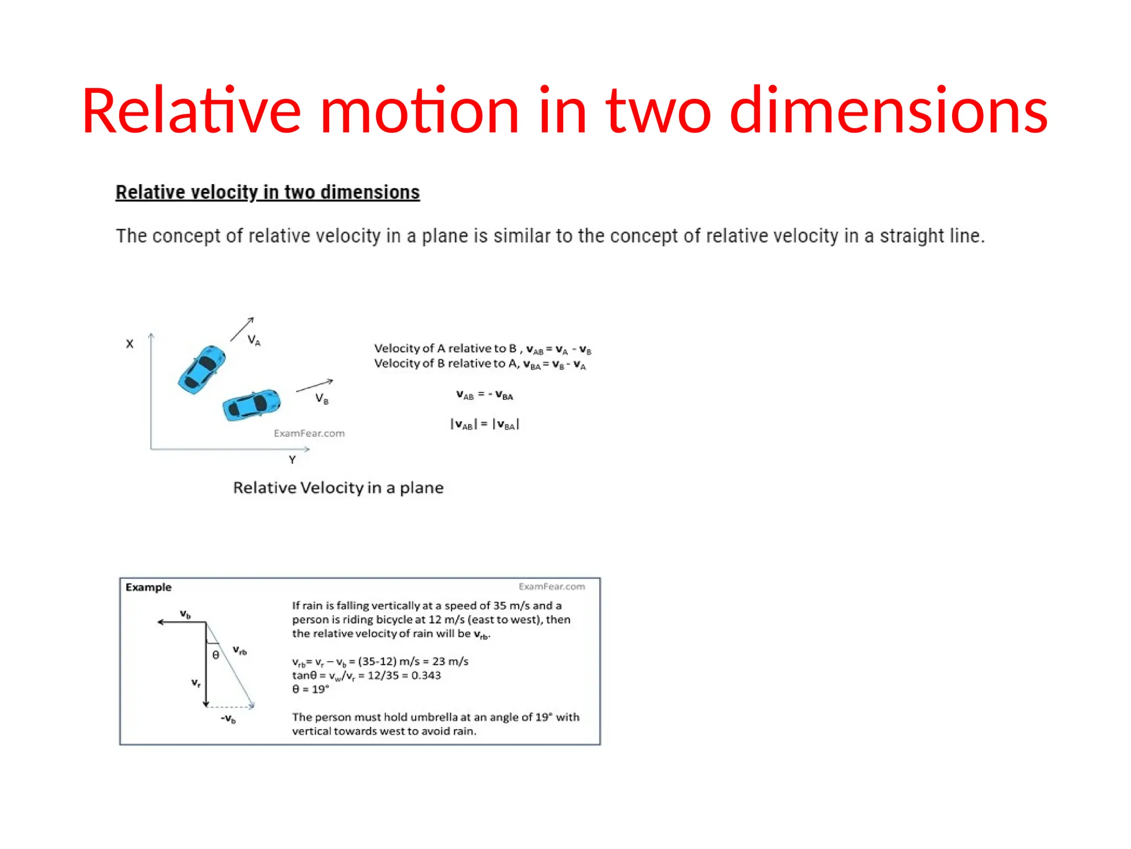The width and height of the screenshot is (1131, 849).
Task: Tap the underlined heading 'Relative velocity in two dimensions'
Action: click(x=267, y=192)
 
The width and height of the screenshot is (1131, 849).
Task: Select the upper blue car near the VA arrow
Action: click(x=202, y=369)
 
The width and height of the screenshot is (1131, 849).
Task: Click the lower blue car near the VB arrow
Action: click(x=252, y=405)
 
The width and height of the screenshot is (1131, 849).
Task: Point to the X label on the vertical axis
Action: click(x=130, y=344)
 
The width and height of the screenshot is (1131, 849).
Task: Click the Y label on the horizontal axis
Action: click(x=292, y=460)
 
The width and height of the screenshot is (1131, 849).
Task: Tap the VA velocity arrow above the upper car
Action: click(x=242, y=329)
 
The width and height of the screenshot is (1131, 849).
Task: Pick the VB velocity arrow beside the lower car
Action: click(x=314, y=386)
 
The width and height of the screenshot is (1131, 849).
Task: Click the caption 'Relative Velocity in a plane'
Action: click(x=338, y=488)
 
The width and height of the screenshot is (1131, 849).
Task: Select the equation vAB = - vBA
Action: click(x=484, y=395)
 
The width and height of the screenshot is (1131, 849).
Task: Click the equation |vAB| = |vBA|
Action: click(x=484, y=424)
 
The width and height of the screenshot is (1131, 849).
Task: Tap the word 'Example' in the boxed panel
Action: click(x=149, y=587)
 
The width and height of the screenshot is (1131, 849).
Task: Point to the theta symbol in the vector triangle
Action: click(x=216, y=655)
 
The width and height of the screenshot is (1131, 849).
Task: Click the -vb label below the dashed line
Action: click(x=228, y=719)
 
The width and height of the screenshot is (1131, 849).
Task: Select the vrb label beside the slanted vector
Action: click(x=240, y=650)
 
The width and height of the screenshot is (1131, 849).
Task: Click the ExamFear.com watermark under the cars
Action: click(x=309, y=433)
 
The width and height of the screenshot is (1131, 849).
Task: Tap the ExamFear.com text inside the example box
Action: click(x=552, y=586)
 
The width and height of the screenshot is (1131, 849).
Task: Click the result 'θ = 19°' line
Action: click(x=310, y=689)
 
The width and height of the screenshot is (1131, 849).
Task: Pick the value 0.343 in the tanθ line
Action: click(x=426, y=675)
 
